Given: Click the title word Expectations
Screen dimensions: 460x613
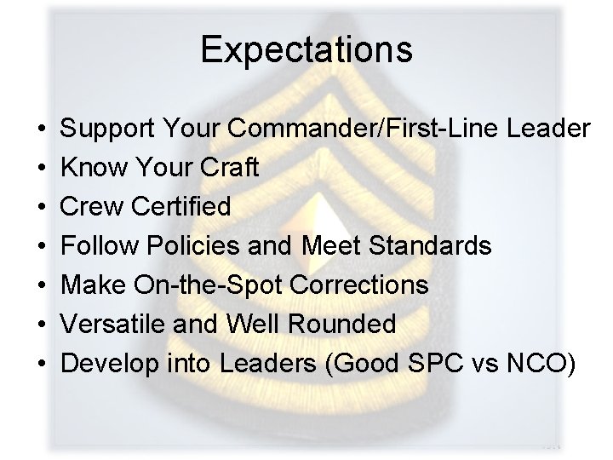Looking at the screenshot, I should [306, 49].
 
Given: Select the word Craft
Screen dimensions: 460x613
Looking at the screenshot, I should [229, 168].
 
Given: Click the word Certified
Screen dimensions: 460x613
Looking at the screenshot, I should [178, 207].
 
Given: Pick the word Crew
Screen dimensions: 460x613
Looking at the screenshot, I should [89, 207].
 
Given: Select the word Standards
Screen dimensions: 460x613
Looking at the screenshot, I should [432, 246].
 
